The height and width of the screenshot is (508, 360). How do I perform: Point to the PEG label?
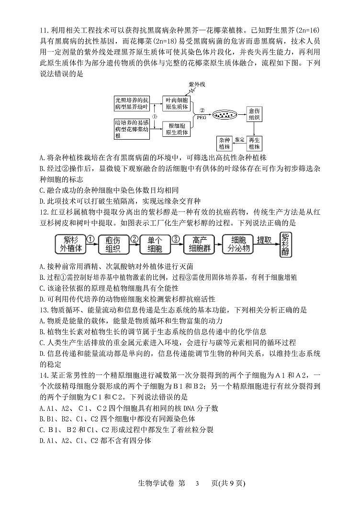click(202, 117)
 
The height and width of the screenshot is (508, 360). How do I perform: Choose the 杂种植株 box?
click(225, 144)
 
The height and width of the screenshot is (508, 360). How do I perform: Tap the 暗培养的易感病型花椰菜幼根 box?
click(132, 128)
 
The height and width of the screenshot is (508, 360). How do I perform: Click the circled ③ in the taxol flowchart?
click(176, 238)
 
